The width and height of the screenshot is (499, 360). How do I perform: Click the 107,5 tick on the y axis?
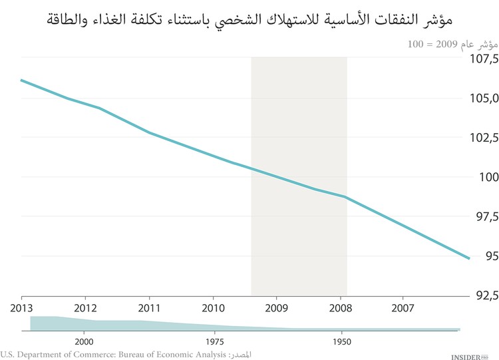tap(481, 59)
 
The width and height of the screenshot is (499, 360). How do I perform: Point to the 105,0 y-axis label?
tap(481, 98)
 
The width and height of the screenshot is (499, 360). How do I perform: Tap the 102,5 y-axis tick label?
tap(481, 138)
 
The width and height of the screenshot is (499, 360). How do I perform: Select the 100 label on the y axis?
tap(485, 177)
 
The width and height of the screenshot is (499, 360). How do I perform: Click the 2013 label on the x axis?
tap(21, 308)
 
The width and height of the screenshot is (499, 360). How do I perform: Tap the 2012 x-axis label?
tap(85, 308)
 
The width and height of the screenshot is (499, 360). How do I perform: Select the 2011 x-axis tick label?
tap(149, 308)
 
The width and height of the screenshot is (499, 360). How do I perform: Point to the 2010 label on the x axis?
tap(213, 308)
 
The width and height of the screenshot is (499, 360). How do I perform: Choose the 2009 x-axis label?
tap(277, 308)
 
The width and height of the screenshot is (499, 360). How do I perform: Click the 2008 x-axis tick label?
tap(341, 308)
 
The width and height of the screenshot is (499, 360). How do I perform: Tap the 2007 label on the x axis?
tap(405, 308)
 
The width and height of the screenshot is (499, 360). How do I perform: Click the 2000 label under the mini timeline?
tap(84, 339)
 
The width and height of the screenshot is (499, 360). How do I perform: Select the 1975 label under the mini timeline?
tap(214, 339)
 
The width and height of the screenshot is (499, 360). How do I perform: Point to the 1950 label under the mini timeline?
tap(341, 339)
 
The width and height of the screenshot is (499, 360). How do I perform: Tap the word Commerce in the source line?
tap(79, 353)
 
